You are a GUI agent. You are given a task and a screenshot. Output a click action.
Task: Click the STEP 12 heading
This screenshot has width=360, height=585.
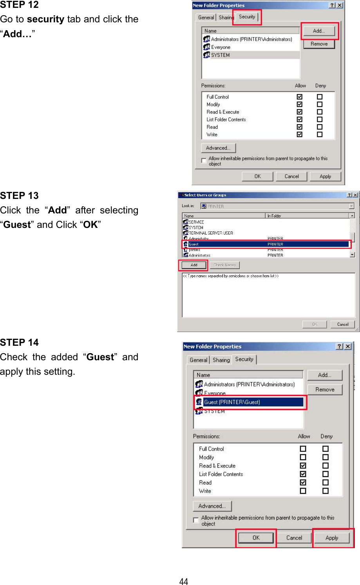pyautogui.click(x=19, y=5)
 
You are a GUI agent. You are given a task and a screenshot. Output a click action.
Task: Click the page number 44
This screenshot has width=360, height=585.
pyautogui.click(x=183, y=581)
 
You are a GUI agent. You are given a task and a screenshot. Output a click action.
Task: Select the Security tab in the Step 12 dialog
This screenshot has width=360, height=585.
pyautogui.click(x=247, y=17)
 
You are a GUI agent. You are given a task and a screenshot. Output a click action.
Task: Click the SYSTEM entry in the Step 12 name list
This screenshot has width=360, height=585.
pyautogui.click(x=220, y=55)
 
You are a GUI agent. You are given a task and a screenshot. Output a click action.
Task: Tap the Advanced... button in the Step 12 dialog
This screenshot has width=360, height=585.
pyautogui.click(x=218, y=148)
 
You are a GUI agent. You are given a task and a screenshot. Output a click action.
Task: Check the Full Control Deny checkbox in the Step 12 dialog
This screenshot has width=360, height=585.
pyautogui.click(x=320, y=97)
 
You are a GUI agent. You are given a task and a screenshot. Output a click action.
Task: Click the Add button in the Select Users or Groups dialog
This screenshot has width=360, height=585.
pyautogui.click(x=194, y=265)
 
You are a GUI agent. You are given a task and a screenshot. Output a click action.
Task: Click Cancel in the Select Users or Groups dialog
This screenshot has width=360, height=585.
pyautogui.click(x=343, y=324)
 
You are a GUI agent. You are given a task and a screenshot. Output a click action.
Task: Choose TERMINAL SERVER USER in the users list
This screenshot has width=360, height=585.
pyautogui.click(x=211, y=233)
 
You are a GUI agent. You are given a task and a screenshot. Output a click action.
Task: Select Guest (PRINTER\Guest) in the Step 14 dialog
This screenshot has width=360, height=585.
pyautogui.click(x=232, y=402)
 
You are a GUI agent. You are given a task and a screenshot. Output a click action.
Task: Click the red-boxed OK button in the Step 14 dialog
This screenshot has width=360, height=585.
pyautogui.click(x=256, y=538)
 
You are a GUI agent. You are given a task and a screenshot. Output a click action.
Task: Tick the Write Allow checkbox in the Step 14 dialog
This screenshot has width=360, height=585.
pyautogui.click(x=303, y=491)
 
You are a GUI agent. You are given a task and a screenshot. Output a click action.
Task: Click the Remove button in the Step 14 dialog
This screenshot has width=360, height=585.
pyautogui.click(x=325, y=390)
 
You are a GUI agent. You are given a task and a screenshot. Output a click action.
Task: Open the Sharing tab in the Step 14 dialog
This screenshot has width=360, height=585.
pyautogui.click(x=221, y=360)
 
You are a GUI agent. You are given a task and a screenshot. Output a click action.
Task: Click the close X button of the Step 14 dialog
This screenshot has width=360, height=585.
pyautogui.click(x=348, y=347)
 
